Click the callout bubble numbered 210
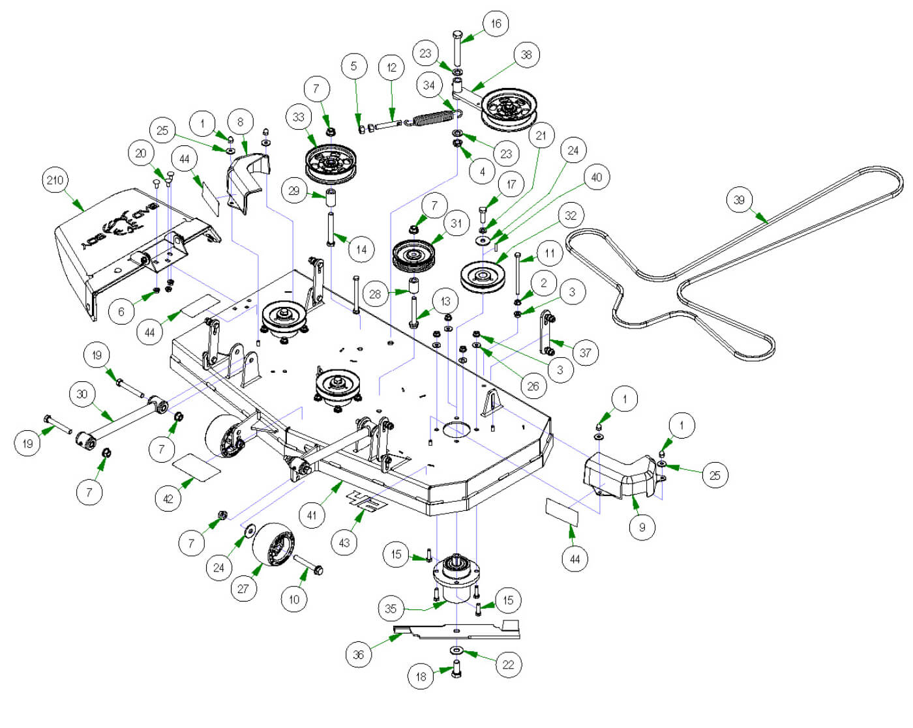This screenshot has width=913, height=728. [x=55, y=181]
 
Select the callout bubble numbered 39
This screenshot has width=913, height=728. [x=739, y=200]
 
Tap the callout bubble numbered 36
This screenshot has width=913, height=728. [x=358, y=654]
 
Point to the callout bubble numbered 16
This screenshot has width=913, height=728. [x=496, y=24]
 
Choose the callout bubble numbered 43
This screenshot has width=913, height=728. [x=344, y=542]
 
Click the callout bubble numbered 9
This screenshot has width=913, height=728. [x=642, y=527]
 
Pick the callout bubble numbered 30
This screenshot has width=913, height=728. [x=82, y=394]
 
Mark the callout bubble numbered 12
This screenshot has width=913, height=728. [x=391, y=67]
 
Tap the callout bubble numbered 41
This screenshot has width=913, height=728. [x=312, y=515]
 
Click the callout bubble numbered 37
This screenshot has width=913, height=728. [x=585, y=353]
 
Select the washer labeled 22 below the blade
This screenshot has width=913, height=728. [x=456, y=650]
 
